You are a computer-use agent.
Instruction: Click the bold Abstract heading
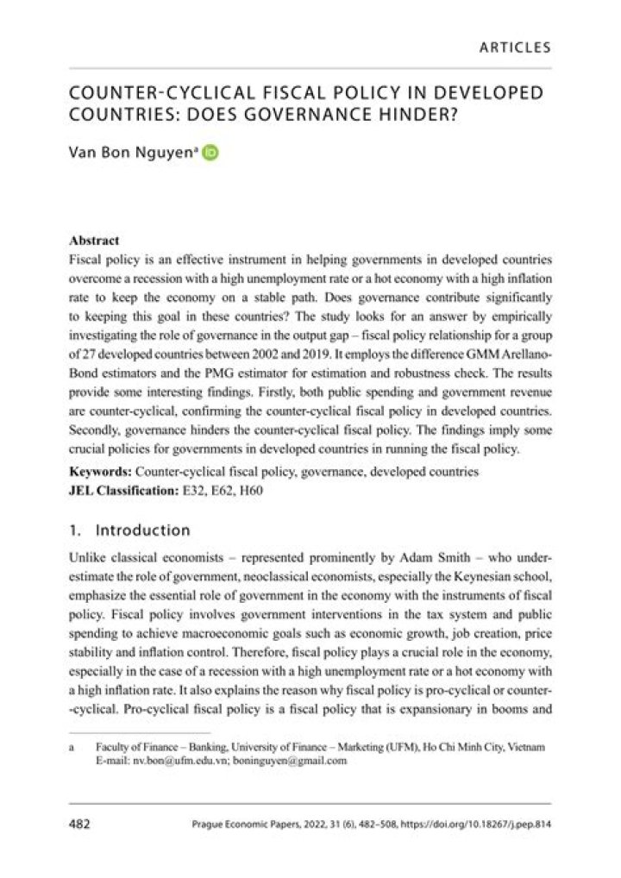click(x=92, y=241)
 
